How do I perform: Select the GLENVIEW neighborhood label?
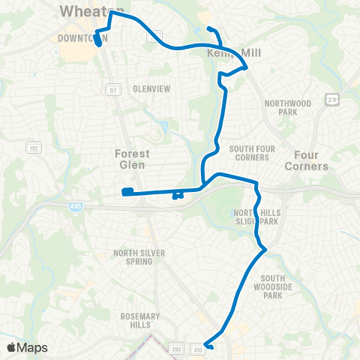[146, 88]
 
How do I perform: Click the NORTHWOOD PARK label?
[282, 107]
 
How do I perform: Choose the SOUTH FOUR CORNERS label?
[249, 153]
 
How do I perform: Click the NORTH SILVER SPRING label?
[139, 257]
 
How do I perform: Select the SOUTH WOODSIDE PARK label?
[282, 285]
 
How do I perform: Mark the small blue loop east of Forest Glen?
[177, 195]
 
